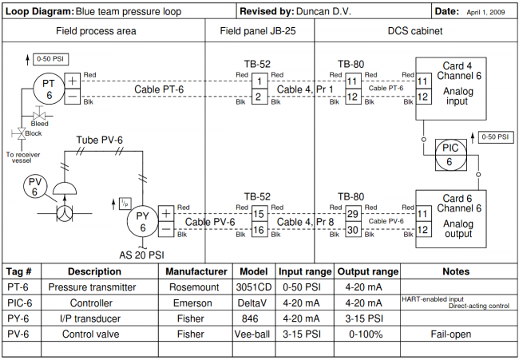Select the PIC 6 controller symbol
point(447,154)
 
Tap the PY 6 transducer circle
point(143,221)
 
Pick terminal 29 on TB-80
point(352,214)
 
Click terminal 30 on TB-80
point(352,230)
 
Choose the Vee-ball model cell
point(254,334)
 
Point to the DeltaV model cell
point(254,303)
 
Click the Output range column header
point(367,271)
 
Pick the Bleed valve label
point(40,124)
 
